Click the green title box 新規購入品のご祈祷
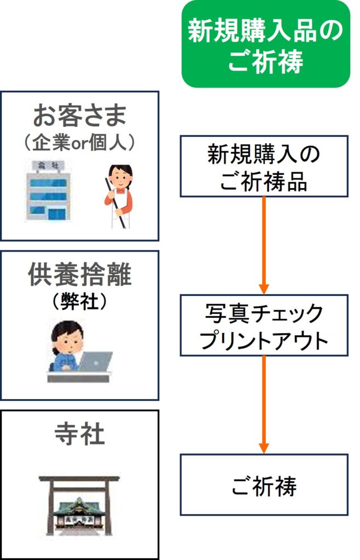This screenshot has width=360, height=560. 265,44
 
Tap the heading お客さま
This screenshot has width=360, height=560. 79,115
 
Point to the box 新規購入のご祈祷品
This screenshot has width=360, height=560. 264,166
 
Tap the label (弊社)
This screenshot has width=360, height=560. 79,302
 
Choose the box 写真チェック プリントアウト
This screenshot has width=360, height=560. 264,325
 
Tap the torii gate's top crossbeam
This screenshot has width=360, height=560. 79,480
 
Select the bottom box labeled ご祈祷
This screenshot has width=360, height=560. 264,485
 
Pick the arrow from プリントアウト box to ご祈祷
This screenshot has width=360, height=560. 264,405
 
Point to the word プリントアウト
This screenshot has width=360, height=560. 264,340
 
